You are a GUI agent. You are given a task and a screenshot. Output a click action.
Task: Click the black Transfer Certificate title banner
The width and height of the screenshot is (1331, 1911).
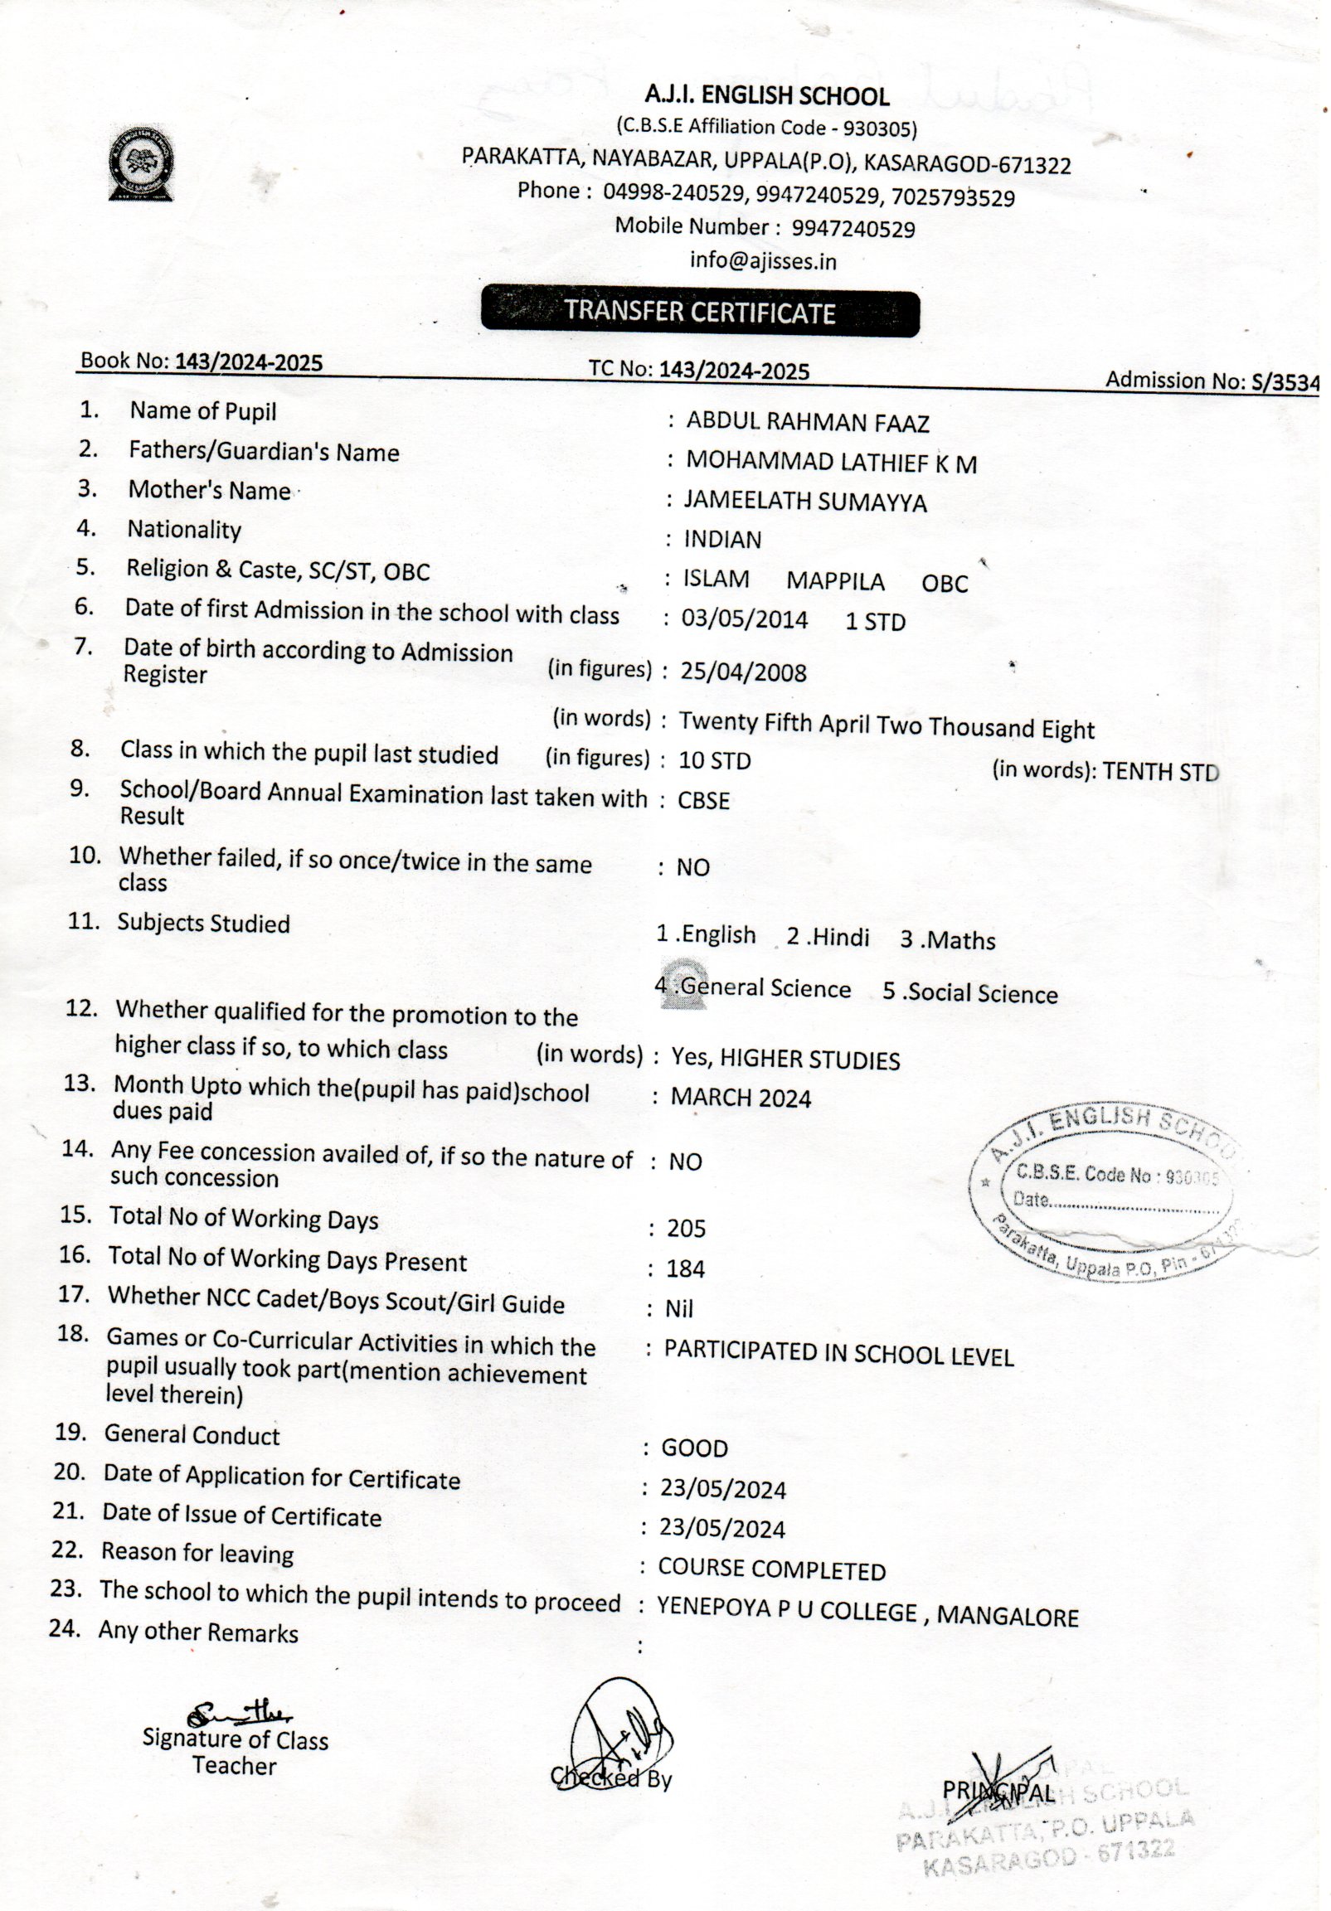700,313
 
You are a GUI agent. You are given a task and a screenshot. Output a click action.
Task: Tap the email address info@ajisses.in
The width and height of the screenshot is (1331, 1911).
762,261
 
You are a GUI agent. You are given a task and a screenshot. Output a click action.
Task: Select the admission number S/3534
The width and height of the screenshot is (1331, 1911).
1285,382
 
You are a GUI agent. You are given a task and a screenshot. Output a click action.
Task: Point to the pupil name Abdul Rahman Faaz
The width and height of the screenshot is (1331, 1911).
807,423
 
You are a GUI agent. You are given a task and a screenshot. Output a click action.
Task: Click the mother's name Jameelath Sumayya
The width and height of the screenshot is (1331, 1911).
804,501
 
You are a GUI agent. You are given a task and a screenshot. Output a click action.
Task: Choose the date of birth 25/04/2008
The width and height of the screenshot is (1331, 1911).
743,672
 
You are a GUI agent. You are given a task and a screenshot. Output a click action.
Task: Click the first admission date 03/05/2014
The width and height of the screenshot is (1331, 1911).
744,619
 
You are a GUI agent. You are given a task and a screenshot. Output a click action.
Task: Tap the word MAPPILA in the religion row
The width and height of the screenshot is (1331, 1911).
835,581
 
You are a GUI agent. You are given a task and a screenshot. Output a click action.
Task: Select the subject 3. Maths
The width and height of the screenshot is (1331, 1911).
947,939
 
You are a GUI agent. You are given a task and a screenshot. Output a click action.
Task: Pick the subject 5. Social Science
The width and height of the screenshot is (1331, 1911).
969,993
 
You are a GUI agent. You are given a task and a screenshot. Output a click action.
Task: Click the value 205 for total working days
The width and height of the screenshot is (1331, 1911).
686,1229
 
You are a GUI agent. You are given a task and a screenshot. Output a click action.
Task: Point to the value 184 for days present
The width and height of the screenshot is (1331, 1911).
685,1268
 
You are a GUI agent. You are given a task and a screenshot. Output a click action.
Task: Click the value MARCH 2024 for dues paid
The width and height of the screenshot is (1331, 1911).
741,1098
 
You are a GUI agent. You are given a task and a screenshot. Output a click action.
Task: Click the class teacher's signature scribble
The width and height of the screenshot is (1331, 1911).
239,1713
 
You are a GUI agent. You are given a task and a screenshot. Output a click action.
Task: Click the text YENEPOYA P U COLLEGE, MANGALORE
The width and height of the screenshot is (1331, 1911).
867,1613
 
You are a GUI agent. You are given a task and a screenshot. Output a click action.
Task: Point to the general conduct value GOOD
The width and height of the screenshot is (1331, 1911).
694,1448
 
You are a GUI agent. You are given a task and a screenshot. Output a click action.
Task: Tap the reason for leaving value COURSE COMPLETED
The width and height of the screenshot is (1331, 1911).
771,1569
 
